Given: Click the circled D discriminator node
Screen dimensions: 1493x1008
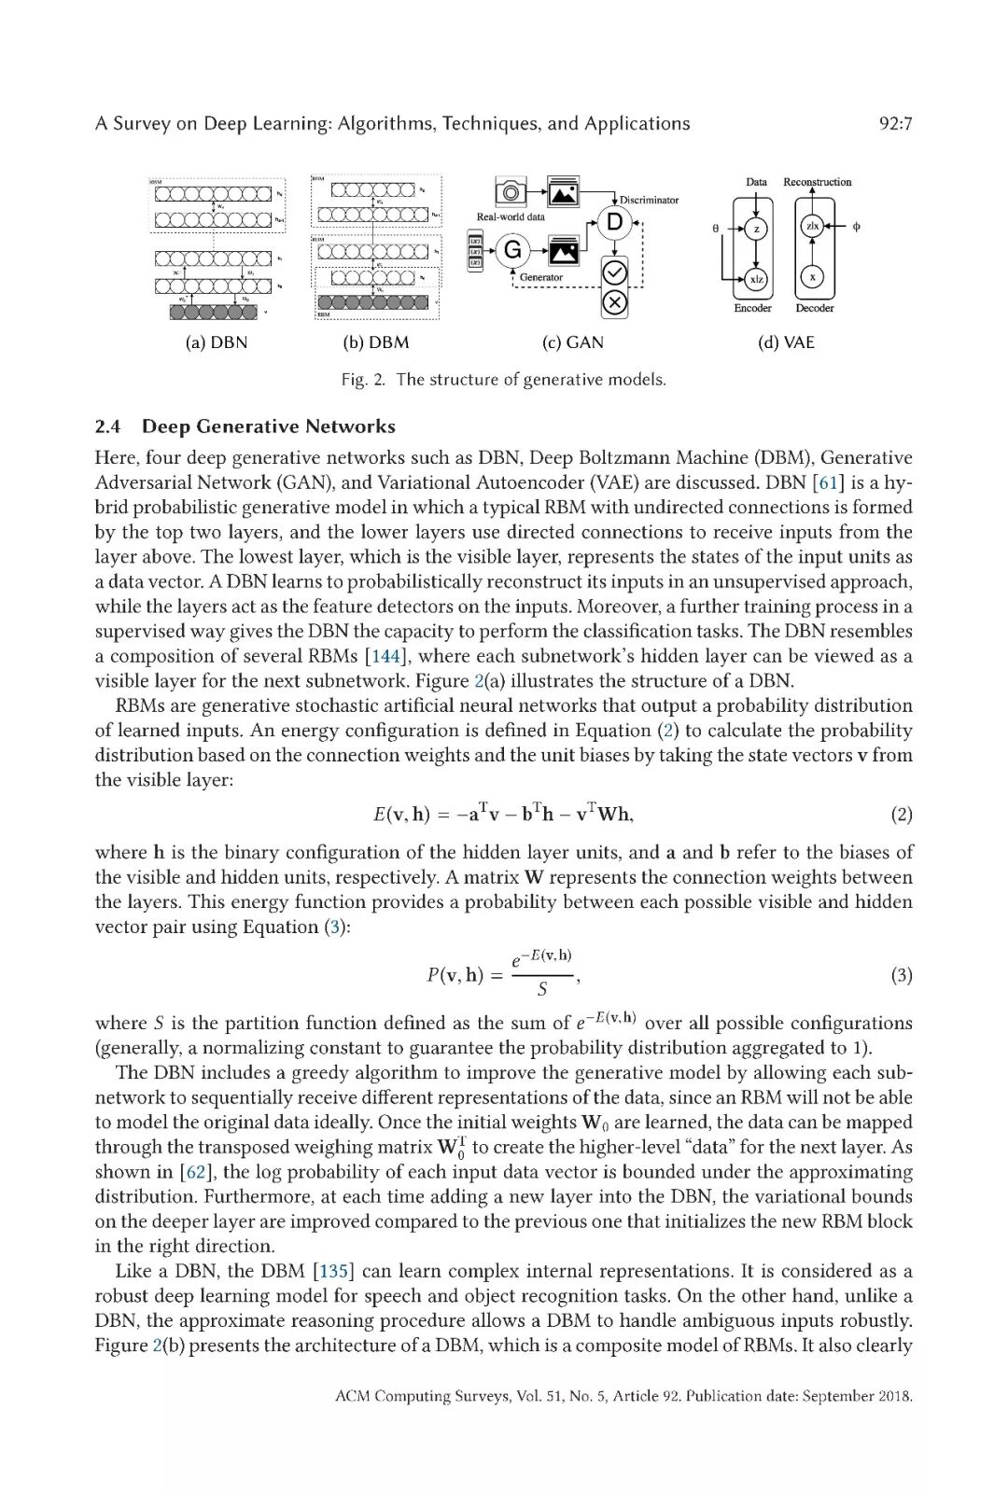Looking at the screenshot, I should pyautogui.click(x=614, y=222).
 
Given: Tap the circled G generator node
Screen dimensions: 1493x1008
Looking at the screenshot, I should pyautogui.click(x=512, y=250).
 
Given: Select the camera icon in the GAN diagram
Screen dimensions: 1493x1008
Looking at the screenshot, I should pyautogui.click(x=511, y=193).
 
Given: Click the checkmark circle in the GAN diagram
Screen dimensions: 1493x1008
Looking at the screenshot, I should pyautogui.click(x=614, y=272).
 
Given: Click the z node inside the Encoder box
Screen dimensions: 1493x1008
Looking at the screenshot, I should pyautogui.click(x=757, y=228).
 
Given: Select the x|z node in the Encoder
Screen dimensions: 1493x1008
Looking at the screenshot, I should pyautogui.click(x=757, y=278).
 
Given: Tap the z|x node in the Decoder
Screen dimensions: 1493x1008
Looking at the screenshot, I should pyautogui.click(x=812, y=227).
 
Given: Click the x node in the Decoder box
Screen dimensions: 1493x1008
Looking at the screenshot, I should pyautogui.click(x=812, y=278).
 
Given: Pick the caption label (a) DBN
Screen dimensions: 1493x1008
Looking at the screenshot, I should pyautogui.click(x=217, y=342).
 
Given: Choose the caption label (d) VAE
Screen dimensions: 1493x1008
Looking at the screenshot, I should pyautogui.click(x=786, y=342).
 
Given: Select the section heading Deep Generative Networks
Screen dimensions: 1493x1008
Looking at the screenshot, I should pyautogui.click(x=268, y=426).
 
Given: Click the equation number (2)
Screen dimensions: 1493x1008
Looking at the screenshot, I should pyautogui.click(x=902, y=815).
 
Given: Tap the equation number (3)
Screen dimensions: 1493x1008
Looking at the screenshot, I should pyautogui.click(x=902, y=976).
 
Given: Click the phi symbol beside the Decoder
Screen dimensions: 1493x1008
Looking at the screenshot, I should pyautogui.click(x=856, y=227).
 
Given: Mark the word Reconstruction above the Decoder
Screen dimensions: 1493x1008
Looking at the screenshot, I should pyautogui.click(x=817, y=182).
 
